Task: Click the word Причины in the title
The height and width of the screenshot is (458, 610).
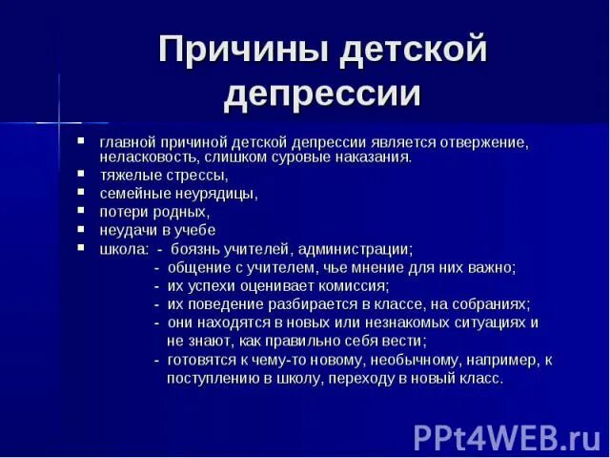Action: tap(239, 49)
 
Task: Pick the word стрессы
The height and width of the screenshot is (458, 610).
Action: tap(195, 175)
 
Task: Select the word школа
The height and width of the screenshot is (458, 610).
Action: tap(122, 248)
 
